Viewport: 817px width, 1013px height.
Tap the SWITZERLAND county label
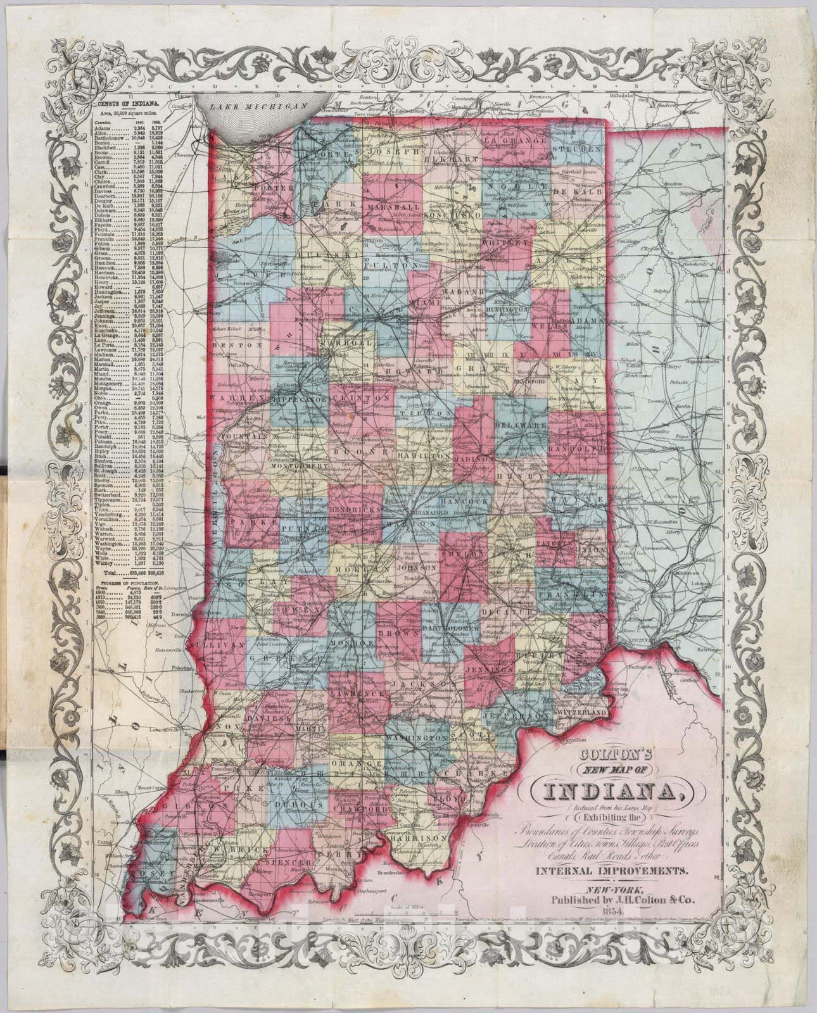579,712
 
